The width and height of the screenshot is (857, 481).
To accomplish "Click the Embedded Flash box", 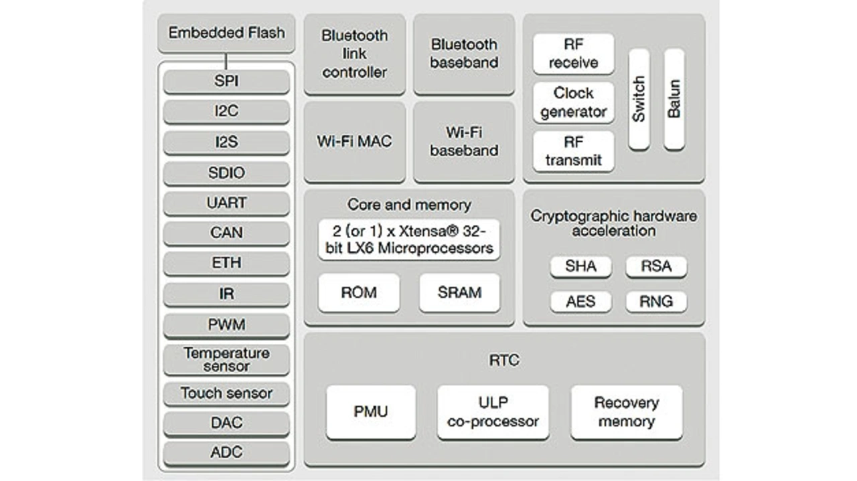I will click(226, 33).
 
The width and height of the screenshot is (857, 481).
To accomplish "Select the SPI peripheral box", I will click(226, 82).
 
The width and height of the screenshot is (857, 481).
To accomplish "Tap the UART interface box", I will click(226, 203).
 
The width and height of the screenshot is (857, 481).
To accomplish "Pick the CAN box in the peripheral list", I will click(226, 233).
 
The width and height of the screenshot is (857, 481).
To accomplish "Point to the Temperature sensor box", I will click(226, 360).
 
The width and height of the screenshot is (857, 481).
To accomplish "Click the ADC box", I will click(226, 452).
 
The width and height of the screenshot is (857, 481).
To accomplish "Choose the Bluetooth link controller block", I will click(355, 54).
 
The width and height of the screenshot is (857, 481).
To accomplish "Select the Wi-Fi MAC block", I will click(355, 142).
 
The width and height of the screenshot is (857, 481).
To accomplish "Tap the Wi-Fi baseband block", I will click(464, 142).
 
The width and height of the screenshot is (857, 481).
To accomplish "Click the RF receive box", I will click(574, 54).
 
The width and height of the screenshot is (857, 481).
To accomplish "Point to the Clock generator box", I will click(574, 102).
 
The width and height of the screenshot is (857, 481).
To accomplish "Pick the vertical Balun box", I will click(674, 99).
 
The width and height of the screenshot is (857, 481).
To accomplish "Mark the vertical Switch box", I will click(639, 99).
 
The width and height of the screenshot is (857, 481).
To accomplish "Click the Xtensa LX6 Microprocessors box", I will click(409, 240).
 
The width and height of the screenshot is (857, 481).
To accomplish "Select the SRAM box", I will click(459, 292).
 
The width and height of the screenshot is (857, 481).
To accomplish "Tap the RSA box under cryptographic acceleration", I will click(656, 266).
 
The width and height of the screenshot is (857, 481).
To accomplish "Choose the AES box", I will click(580, 301).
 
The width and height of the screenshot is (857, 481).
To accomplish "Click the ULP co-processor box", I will click(493, 412).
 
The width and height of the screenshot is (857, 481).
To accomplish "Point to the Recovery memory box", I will click(627, 412).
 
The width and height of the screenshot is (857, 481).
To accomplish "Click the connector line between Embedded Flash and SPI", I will click(226, 62).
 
